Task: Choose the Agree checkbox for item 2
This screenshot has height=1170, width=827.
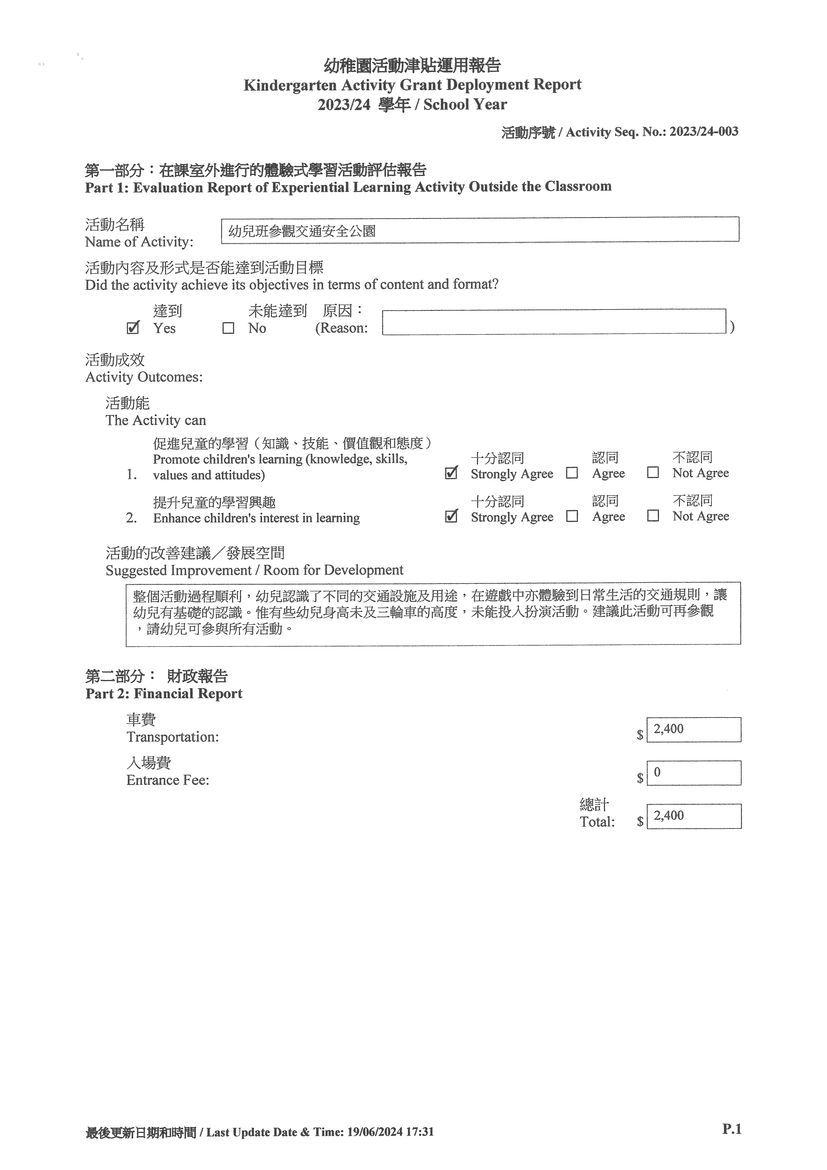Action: coord(572,516)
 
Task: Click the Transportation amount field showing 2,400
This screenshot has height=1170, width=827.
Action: coord(694,730)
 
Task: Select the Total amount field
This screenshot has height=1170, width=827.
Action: coord(694,816)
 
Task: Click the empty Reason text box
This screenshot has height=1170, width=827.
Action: coord(554,322)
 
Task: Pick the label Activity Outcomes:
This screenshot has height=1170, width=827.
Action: coord(144,377)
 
